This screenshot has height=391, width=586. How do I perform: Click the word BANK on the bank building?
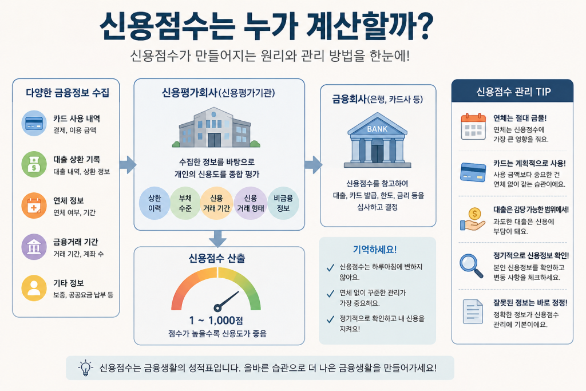click(377, 129)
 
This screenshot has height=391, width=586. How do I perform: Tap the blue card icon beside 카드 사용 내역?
click(34, 123)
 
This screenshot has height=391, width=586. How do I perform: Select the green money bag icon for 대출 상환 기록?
click(34, 164)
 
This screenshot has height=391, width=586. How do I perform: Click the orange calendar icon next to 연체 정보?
click(34, 206)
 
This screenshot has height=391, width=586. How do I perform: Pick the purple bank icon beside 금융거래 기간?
click(34, 247)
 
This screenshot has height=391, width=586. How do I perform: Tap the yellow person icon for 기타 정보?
click(34, 288)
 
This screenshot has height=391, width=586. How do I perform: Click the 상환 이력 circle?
click(155, 203)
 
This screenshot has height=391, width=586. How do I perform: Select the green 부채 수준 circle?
click(185, 203)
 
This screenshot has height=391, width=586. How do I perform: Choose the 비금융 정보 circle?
click(283, 203)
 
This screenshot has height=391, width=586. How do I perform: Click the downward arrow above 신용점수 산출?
click(217, 239)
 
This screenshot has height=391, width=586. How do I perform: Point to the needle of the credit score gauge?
click(227, 301)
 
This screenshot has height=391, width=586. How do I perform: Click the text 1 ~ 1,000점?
click(216, 321)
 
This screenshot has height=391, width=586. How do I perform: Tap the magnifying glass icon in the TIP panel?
click(471, 266)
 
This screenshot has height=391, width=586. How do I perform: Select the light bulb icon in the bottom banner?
click(86, 368)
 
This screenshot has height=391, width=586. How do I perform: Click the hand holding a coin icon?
click(472, 219)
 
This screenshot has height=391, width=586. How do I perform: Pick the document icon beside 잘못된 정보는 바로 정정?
click(473, 311)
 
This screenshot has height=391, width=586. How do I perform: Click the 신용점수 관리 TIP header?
click(512, 92)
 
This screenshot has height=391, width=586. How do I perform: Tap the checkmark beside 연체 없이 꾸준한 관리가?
click(330, 294)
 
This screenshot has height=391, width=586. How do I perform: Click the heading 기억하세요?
click(375, 250)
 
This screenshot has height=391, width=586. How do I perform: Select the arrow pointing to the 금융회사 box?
click(313, 165)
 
